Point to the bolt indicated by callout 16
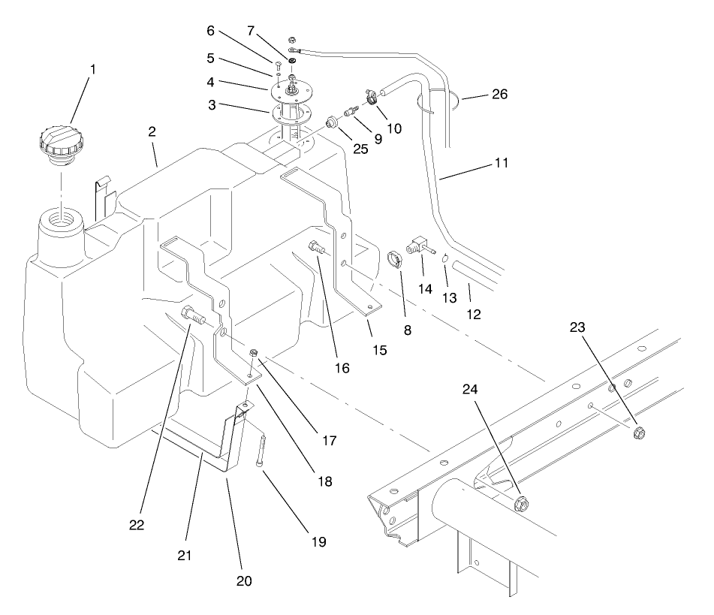pos(317,247)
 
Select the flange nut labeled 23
pos(640,432)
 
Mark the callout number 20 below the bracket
pos(245,580)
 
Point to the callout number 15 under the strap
pos(380,329)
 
